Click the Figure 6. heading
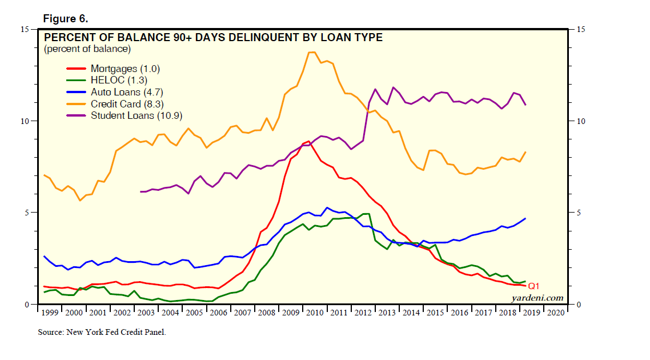(x=65, y=18)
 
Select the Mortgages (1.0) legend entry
(x=125, y=69)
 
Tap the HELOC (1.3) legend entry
(x=119, y=81)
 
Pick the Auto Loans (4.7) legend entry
(x=122, y=92)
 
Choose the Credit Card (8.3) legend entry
(x=123, y=103)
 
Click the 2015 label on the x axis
(x=435, y=313)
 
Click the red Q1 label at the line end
(x=533, y=286)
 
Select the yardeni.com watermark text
(x=537, y=298)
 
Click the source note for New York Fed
(x=102, y=331)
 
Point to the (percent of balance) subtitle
(x=87, y=49)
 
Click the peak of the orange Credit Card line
(x=312, y=52)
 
